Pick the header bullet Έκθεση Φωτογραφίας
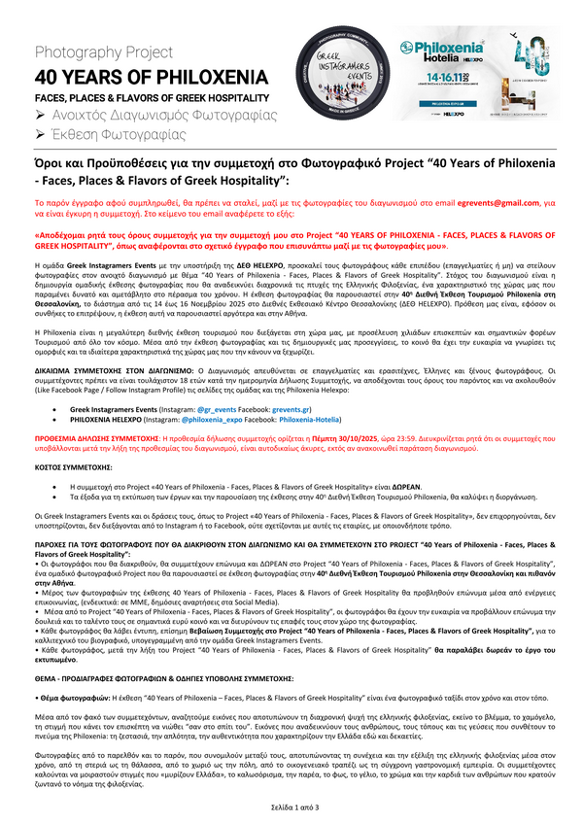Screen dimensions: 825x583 122,137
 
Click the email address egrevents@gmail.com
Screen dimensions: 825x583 484,202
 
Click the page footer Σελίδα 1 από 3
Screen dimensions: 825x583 291,808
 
